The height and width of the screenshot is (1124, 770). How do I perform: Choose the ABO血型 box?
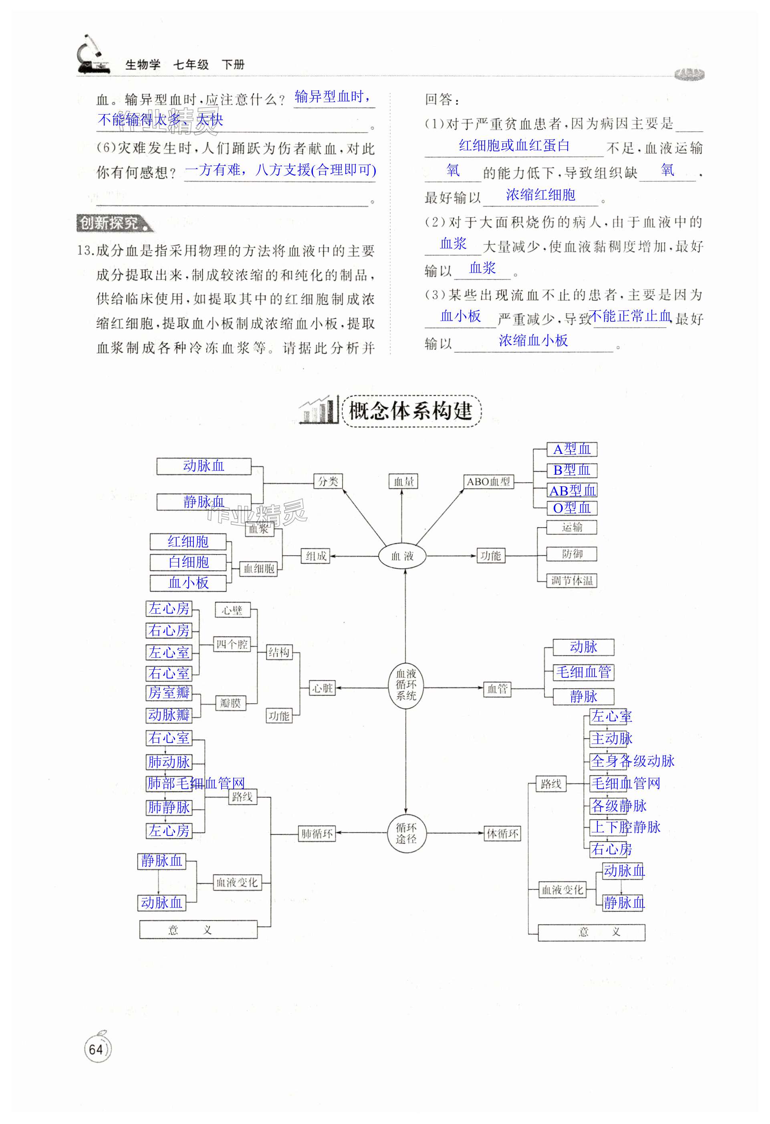(x=488, y=482)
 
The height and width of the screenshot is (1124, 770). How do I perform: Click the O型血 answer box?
(x=572, y=508)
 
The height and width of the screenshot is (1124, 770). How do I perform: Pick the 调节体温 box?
(x=572, y=580)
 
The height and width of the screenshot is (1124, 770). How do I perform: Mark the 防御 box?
(x=572, y=554)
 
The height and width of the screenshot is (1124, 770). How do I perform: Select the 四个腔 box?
(x=232, y=644)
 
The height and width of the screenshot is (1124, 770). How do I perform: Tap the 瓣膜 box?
(x=230, y=703)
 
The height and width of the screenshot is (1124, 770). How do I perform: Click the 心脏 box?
(x=322, y=688)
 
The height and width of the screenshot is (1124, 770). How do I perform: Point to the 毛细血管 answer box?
(x=583, y=672)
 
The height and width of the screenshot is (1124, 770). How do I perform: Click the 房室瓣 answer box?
(x=169, y=693)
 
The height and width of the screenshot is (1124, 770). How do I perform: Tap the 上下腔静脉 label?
(x=626, y=827)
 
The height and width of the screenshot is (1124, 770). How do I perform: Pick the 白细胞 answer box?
(x=188, y=562)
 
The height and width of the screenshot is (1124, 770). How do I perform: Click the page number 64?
(x=96, y=1049)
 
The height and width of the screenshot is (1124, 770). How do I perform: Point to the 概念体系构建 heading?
(x=410, y=411)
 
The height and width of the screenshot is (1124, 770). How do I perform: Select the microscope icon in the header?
(x=92, y=56)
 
